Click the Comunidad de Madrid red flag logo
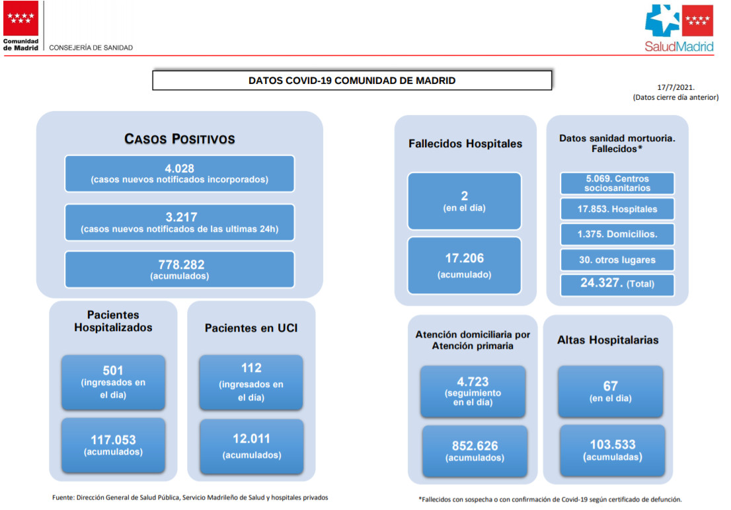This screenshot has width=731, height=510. coord(20,18)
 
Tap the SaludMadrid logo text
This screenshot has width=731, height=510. coord(679,47)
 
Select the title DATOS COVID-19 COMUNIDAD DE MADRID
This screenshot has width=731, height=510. coord(352,81)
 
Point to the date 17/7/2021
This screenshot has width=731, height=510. coord(675,87)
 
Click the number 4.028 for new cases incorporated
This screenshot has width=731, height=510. coord(180,168)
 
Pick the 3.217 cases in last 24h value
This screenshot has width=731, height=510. coord(181,217)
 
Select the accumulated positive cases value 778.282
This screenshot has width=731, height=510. coord(181,265)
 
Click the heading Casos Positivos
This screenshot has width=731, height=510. coord(180,139)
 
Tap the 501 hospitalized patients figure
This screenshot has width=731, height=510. coord(113,371)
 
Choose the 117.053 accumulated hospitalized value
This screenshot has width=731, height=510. coord(113,439)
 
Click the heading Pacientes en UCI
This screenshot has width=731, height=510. coord(251,328)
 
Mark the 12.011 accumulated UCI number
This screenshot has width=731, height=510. coord(251,439)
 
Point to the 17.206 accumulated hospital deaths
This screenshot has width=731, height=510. coord(465,258)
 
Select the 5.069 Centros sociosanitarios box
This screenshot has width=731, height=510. coord(617,183)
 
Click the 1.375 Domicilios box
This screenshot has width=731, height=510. coord(617,234)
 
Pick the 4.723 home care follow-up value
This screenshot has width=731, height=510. coord(473,382)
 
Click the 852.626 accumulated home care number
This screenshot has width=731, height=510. coord(475,446)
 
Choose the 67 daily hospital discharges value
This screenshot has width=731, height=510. coord(610,386)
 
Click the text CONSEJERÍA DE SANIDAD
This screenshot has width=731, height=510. coord(91,48)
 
